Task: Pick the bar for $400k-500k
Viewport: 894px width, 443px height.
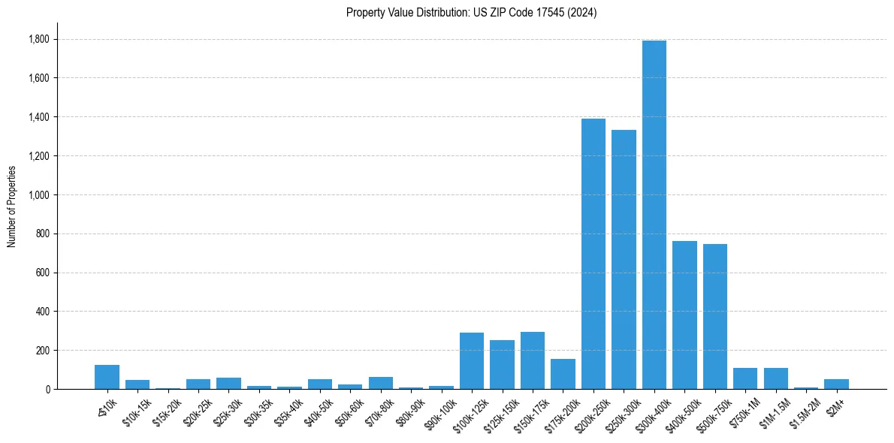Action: pyautogui.click(x=684, y=315)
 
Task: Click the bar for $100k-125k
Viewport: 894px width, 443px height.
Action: pyautogui.click(x=472, y=361)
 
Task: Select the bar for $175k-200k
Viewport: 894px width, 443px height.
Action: pyautogui.click(x=563, y=374)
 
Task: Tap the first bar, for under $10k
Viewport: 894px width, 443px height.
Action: pyautogui.click(x=107, y=377)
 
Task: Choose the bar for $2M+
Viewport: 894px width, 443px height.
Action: pyautogui.click(x=836, y=384)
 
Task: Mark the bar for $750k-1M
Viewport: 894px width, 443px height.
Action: pyautogui.click(x=745, y=378)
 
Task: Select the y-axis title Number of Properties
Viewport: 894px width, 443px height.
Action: pyautogui.click(x=11, y=206)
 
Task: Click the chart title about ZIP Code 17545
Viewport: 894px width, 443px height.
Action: pyautogui.click(x=471, y=12)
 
